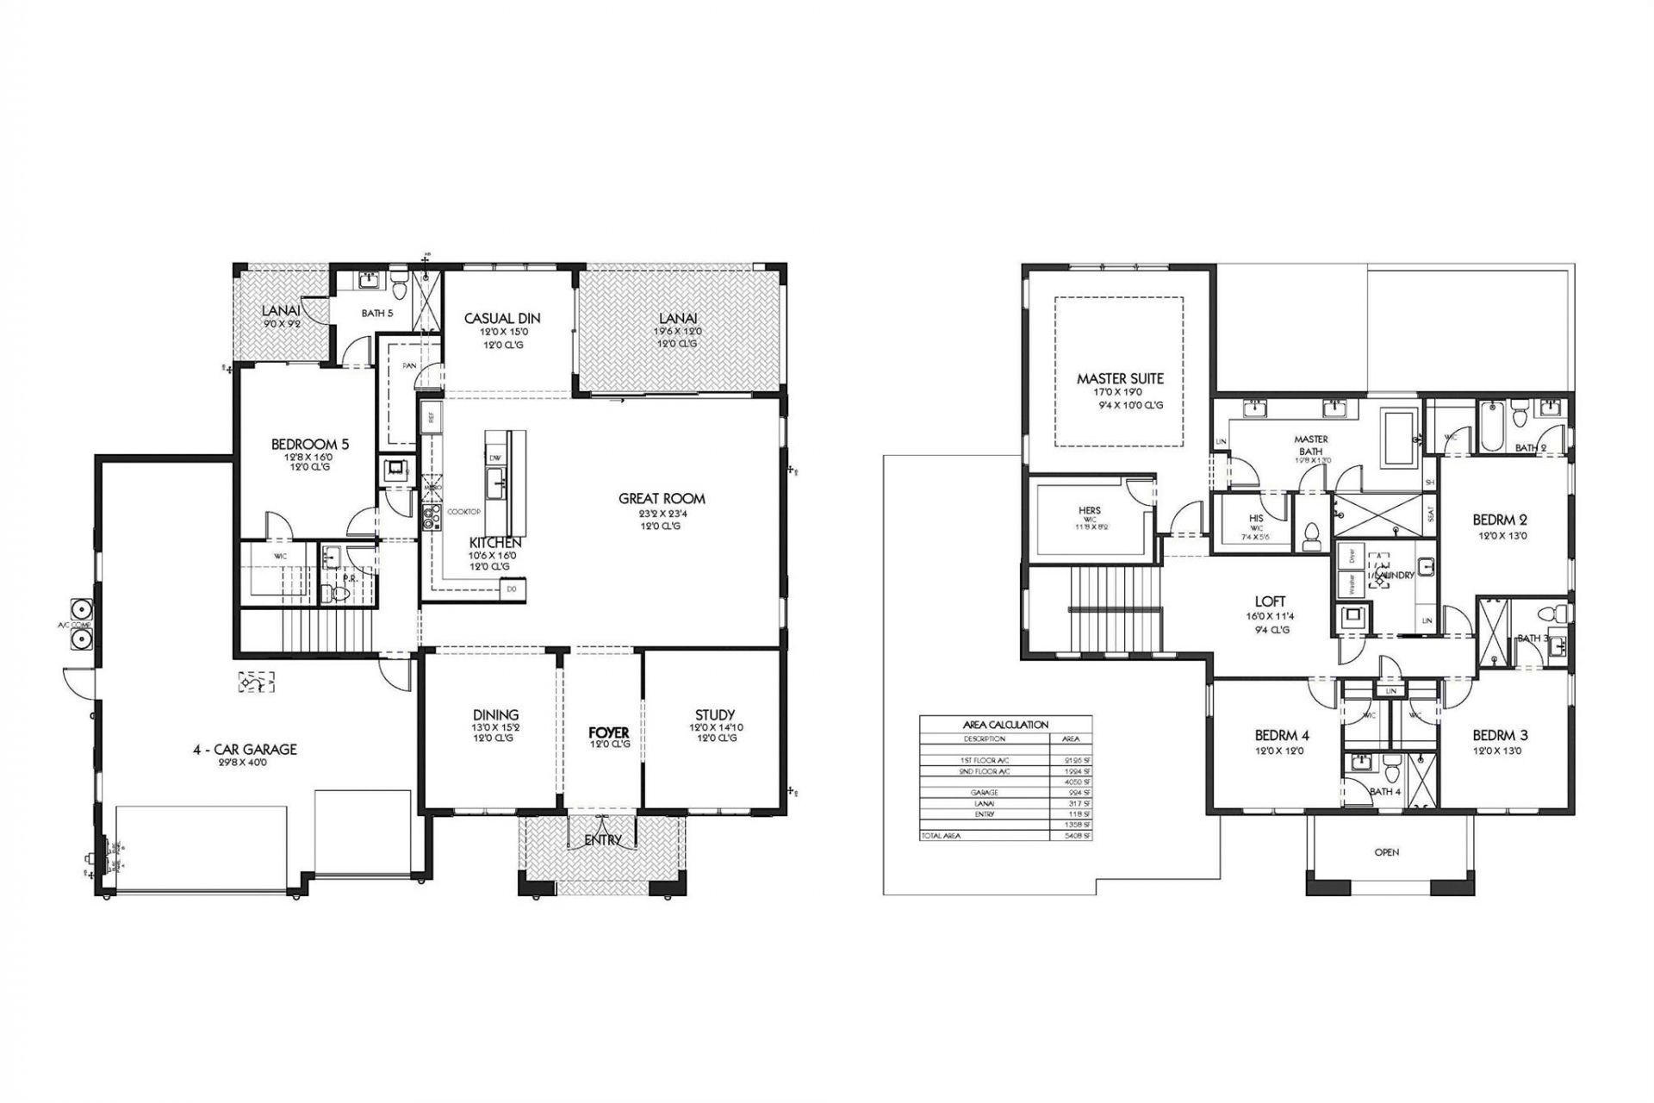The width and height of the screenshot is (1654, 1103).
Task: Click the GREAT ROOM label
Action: click(x=662, y=498)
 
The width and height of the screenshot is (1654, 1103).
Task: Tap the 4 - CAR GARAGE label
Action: click(x=245, y=750)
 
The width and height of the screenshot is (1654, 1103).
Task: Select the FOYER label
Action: click(x=609, y=732)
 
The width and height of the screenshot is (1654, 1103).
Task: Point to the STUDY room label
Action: click(x=714, y=714)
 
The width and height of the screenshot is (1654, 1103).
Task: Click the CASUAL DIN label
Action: click(x=502, y=318)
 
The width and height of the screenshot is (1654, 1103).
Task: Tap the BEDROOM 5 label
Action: click(x=310, y=445)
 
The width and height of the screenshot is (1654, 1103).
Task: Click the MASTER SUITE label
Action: click(x=1120, y=378)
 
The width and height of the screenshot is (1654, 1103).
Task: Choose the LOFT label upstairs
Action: click(x=1270, y=601)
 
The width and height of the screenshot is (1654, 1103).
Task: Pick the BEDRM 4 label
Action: click(x=1282, y=735)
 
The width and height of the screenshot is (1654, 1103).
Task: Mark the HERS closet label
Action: click(x=1090, y=510)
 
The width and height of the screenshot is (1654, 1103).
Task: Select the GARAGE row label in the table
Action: click(x=984, y=792)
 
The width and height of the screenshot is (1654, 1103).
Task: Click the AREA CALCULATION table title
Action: click(x=1005, y=725)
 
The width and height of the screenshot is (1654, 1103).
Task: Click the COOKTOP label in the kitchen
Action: click(x=463, y=512)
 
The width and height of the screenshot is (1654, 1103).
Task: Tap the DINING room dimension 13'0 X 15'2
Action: click(x=495, y=727)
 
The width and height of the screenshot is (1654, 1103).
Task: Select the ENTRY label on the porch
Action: click(x=602, y=839)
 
